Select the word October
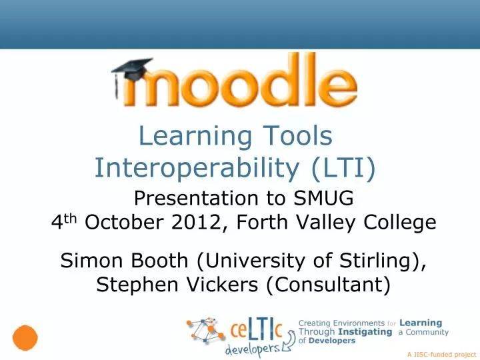(x=125, y=223)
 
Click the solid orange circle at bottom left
(x=25, y=337)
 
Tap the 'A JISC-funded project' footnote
(x=440, y=355)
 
